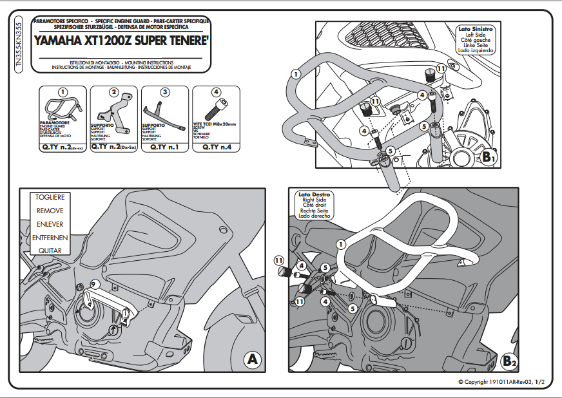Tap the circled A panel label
[252, 359]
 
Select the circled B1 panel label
[488, 156]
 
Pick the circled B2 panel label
[509, 361]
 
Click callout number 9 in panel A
[93, 284]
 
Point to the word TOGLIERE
[50, 196]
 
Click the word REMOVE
[50, 211]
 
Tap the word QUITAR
[50, 251]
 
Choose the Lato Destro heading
[315, 194]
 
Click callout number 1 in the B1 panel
[295, 74]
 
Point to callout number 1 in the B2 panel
[342, 244]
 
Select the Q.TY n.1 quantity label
[164, 147]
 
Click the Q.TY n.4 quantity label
[215, 147]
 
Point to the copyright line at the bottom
[500, 382]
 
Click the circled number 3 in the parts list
[165, 92]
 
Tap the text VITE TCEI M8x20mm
[215, 123]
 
